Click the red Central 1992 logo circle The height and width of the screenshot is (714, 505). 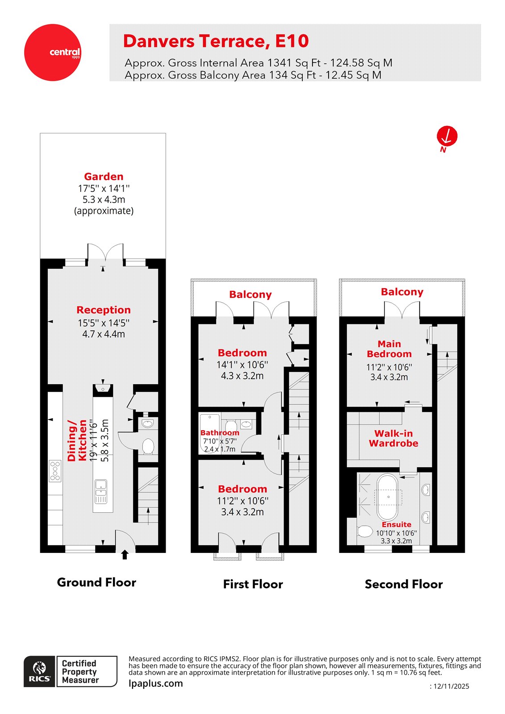coord(52,52)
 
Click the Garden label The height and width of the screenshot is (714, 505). coord(104,177)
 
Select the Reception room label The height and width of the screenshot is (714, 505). coord(104,310)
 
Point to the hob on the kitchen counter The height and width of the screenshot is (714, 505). coord(55,471)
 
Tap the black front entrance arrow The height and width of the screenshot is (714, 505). coord(125,554)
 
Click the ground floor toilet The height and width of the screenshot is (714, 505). coord(148,445)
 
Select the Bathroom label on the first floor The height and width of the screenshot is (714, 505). coord(220,432)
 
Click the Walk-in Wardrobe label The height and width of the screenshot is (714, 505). coord(393,438)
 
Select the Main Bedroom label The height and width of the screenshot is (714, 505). coord(389,349)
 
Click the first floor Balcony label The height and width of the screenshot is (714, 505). coord(250,295)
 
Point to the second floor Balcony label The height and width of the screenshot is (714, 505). coord(402,292)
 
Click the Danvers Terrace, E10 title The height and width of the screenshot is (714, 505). coord(216,41)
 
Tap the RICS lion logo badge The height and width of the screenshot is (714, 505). coord(40,672)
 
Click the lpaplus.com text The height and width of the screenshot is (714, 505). coord(156,683)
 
